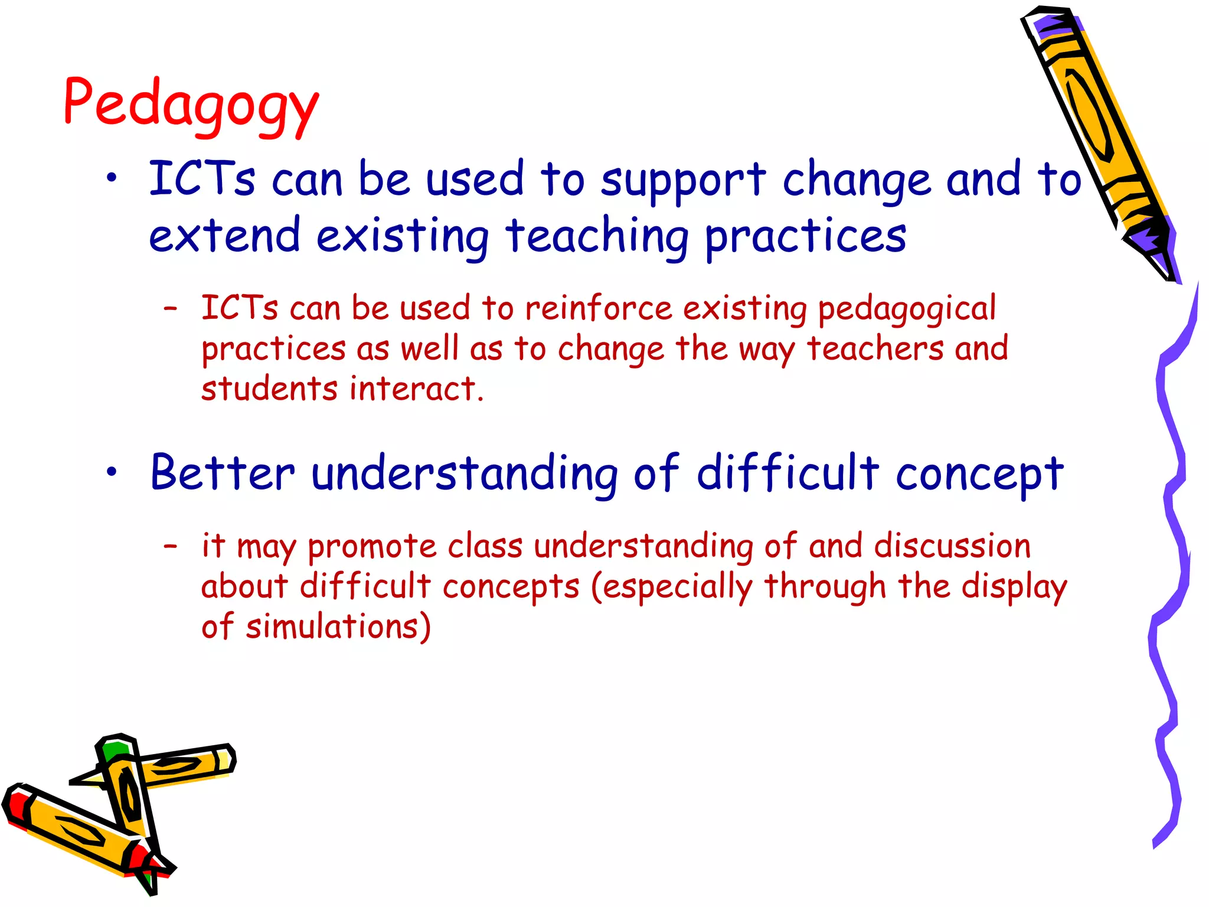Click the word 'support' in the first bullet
tap(683, 180)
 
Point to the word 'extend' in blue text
tap(224, 235)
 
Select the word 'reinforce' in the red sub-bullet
tap(598, 308)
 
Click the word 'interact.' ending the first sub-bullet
tap(416, 389)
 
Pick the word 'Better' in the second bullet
tap(223, 472)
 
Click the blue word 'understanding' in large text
tap(464, 474)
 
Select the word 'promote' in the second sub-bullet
tap(371, 547)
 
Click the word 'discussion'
tap(952, 546)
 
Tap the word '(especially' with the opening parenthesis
tap(672, 587)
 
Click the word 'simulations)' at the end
tap(338, 627)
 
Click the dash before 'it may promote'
tap(171, 546)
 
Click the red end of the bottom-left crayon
tap(17, 806)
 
